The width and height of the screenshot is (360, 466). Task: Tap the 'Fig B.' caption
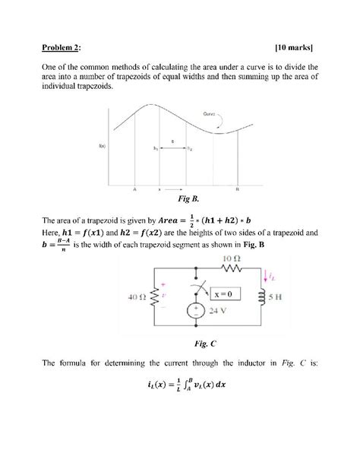point(188,198)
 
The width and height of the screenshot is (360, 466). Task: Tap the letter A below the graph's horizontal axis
point(134,188)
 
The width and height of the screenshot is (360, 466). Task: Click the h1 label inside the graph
point(155,148)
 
